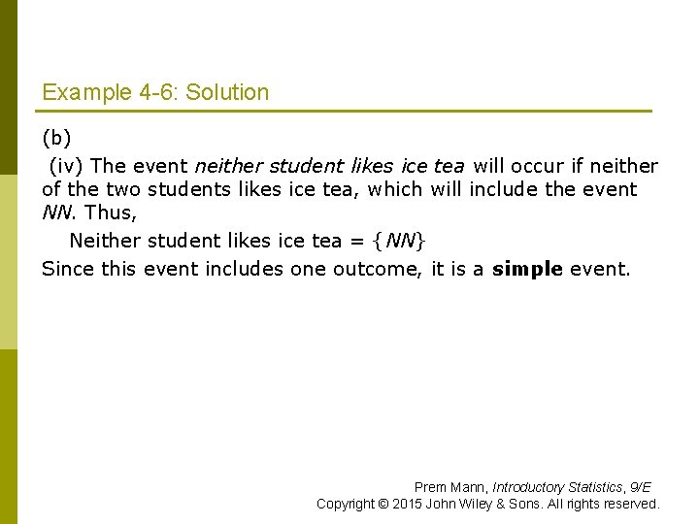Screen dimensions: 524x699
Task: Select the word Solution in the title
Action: [227, 93]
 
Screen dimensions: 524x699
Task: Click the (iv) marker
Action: [66, 166]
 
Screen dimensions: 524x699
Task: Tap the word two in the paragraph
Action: [123, 189]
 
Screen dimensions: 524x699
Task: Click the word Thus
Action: [109, 213]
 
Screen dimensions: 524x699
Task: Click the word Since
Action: [65, 269]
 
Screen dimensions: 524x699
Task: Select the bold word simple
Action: [527, 269]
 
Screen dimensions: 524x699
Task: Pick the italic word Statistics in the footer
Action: [594, 487]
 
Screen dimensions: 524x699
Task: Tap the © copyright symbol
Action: [383, 504]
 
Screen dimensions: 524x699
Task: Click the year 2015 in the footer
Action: [408, 504]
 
